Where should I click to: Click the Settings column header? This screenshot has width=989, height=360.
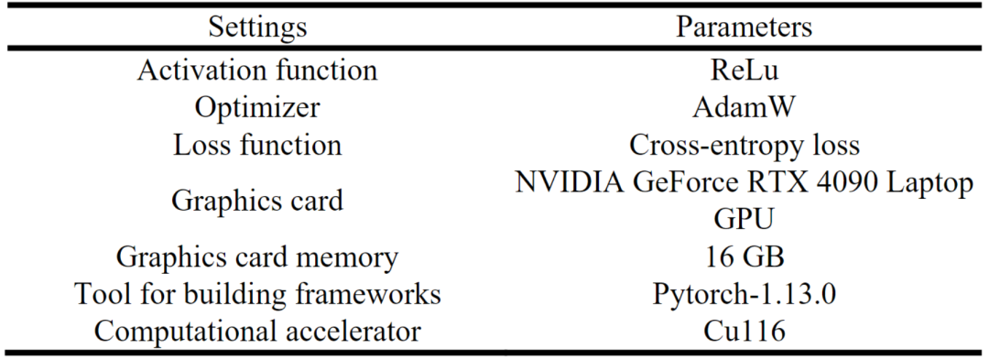[x=257, y=27]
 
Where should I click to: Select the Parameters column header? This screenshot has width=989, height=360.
[x=744, y=27]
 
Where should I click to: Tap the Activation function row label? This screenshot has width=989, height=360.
[x=257, y=70]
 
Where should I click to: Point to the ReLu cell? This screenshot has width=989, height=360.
[x=744, y=70]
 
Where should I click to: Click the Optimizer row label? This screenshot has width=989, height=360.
[x=257, y=107]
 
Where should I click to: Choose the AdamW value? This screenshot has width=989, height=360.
[x=744, y=107]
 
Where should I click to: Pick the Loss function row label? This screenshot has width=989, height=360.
[x=257, y=145]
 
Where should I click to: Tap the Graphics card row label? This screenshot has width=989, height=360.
[x=257, y=202]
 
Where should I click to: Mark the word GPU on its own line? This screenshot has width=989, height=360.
[x=744, y=220]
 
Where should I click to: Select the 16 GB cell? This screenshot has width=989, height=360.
[x=744, y=257]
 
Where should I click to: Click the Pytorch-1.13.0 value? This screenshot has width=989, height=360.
[x=744, y=295]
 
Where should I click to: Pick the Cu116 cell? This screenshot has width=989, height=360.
[x=744, y=332]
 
